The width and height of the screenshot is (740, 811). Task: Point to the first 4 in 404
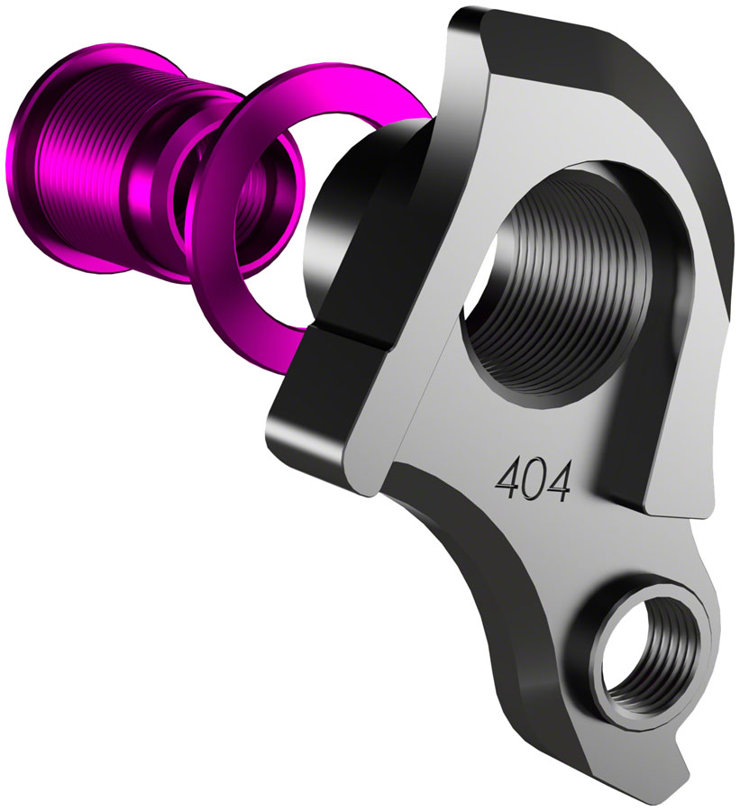coord(504,477)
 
